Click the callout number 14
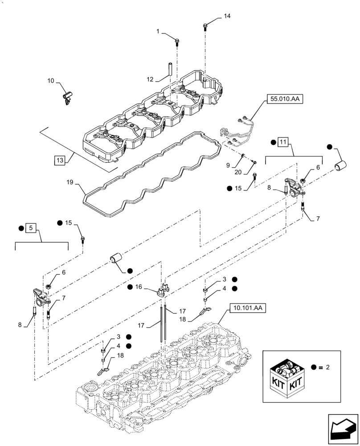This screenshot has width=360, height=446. pos(227,16)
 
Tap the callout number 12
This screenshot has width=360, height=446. pos(150,79)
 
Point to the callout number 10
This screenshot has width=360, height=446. pos(51,81)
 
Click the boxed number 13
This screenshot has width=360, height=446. pos(59,160)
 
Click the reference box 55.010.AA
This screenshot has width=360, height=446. pos(285,99)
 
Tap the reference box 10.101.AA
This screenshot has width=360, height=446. pos(248,308)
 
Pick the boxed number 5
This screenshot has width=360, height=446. pos(31,228)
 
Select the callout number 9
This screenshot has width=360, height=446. pos(228,165)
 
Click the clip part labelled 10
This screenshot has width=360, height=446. pos(67,97)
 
